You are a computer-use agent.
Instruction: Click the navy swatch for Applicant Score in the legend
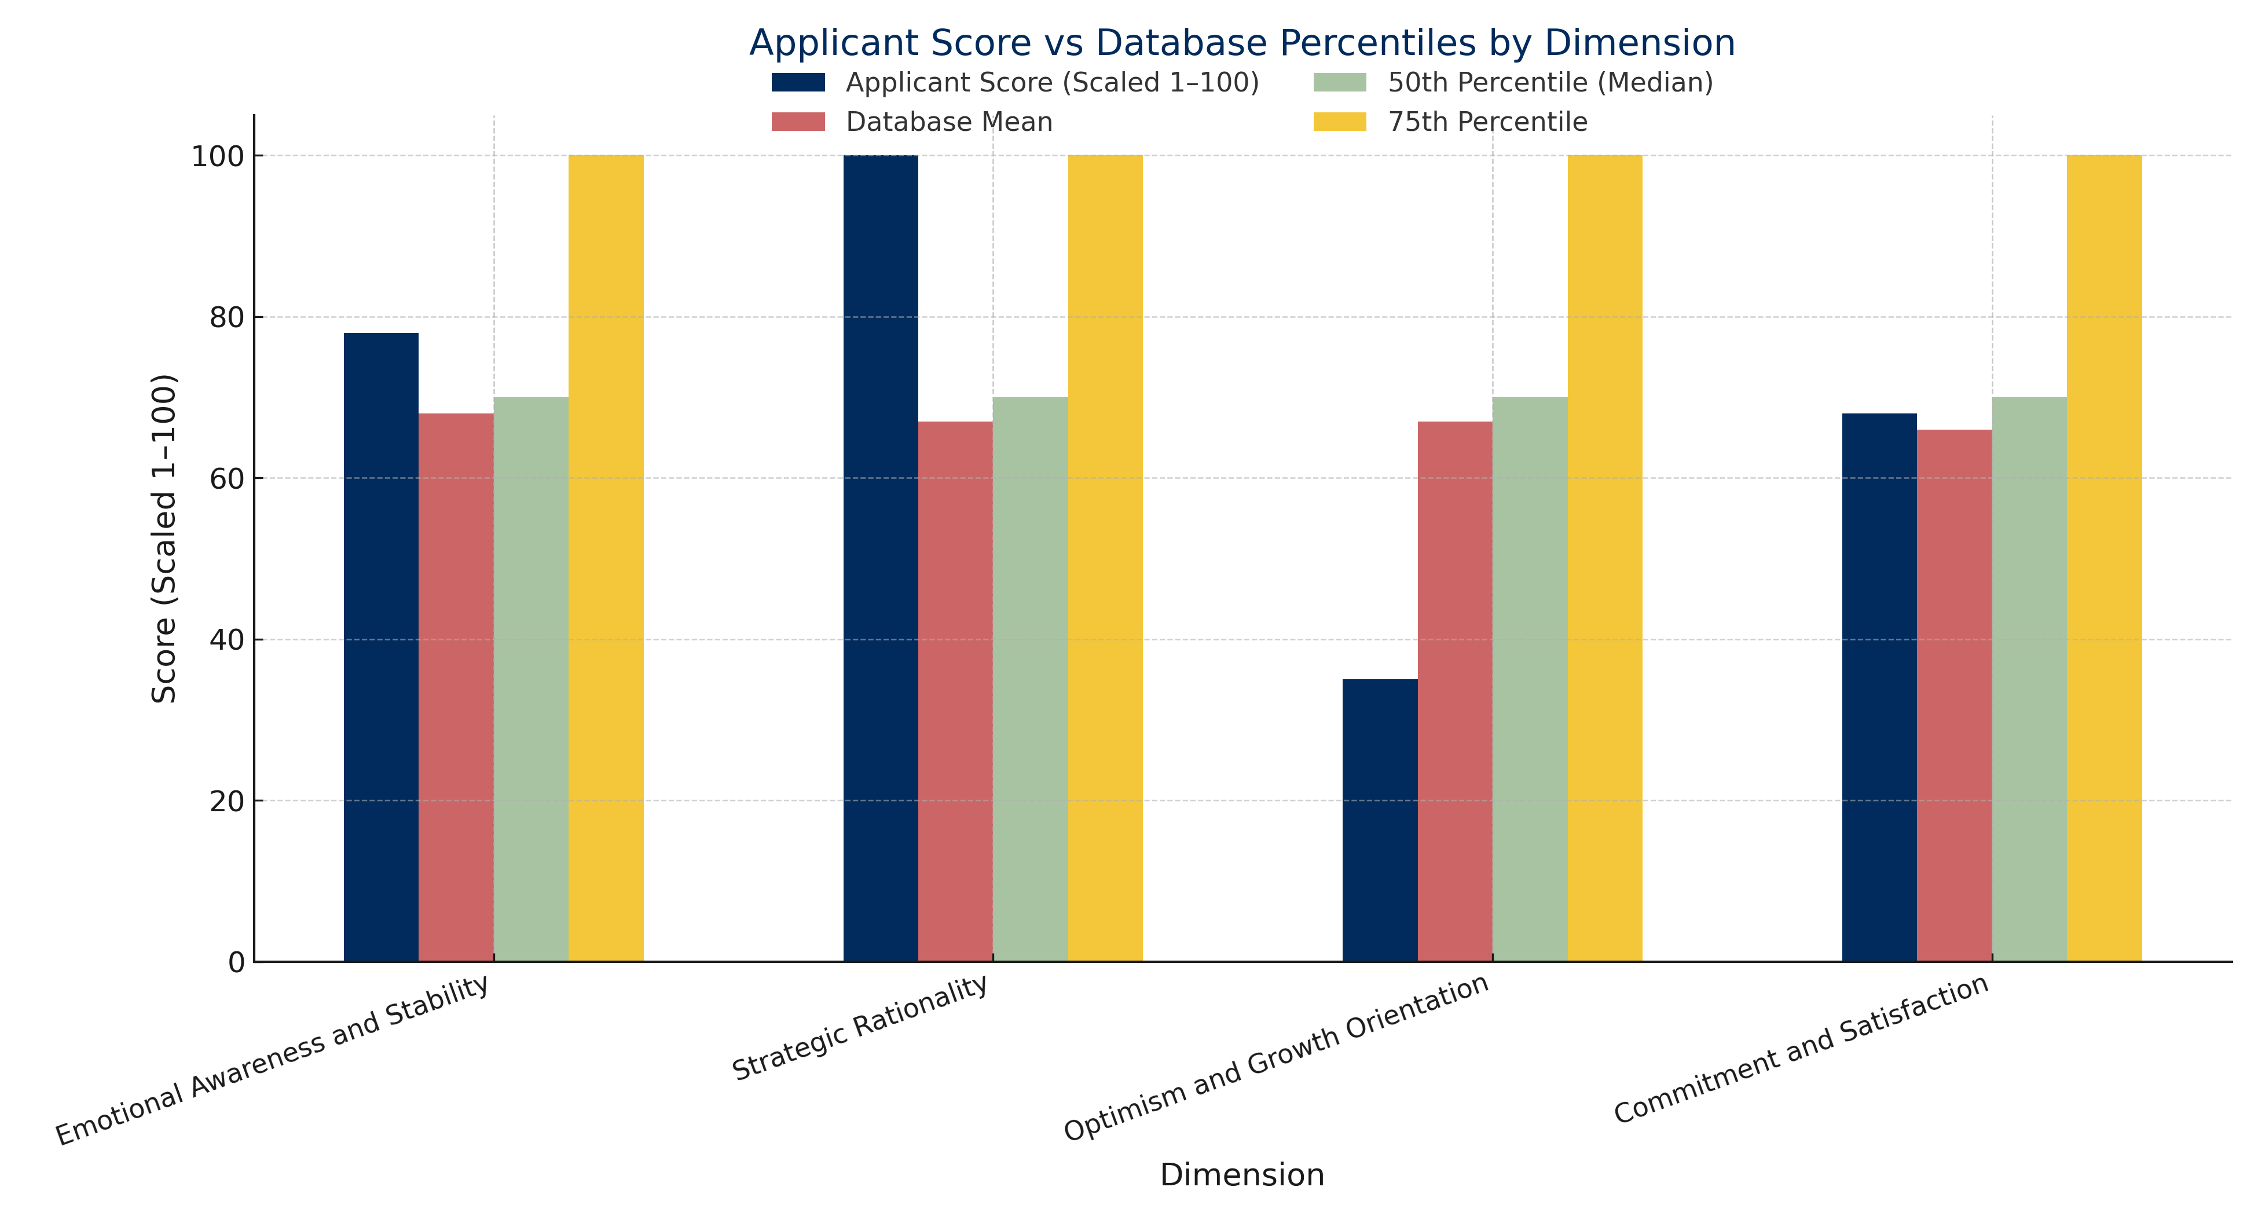point(798,82)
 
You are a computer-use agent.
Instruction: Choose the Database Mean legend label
point(948,122)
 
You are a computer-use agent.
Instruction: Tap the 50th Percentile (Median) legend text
point(1550,82)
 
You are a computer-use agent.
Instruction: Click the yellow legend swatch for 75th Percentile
point(1339,122)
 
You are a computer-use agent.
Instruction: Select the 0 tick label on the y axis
point(236,962)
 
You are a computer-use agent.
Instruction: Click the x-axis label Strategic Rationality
point(861,1028)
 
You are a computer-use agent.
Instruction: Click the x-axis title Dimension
point(1241,1175)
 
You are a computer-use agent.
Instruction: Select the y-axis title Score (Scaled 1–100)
point(165,539)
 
